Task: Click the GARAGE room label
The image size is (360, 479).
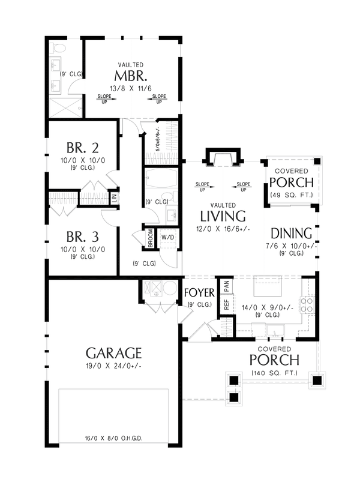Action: click(113, 353)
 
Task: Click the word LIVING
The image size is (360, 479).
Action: click(223, 216)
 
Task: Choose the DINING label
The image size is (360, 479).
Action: click(291, 233)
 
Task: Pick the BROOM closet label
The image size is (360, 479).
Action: click(150, 238)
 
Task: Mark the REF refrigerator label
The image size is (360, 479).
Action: click(226, 304)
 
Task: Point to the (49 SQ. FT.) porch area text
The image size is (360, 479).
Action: click(291, 194)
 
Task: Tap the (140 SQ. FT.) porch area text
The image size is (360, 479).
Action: click(274, 373)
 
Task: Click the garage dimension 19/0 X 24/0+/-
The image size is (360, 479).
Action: click(113, 366)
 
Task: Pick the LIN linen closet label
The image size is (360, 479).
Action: click(115, 196)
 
